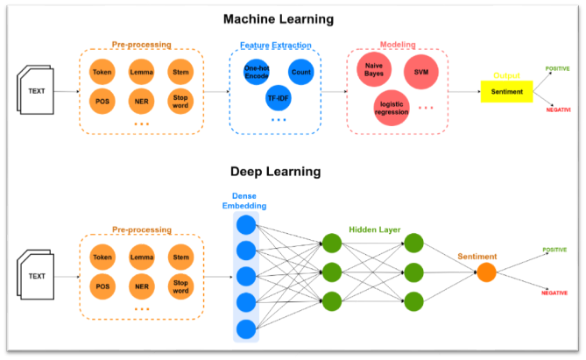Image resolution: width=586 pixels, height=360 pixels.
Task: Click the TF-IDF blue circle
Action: click(278, 99)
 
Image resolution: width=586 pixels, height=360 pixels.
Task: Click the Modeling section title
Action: click(398, 44)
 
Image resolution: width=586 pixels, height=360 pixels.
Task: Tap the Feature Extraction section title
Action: click(275, 44)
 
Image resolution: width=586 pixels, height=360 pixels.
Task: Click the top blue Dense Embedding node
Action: click(246, 224)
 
